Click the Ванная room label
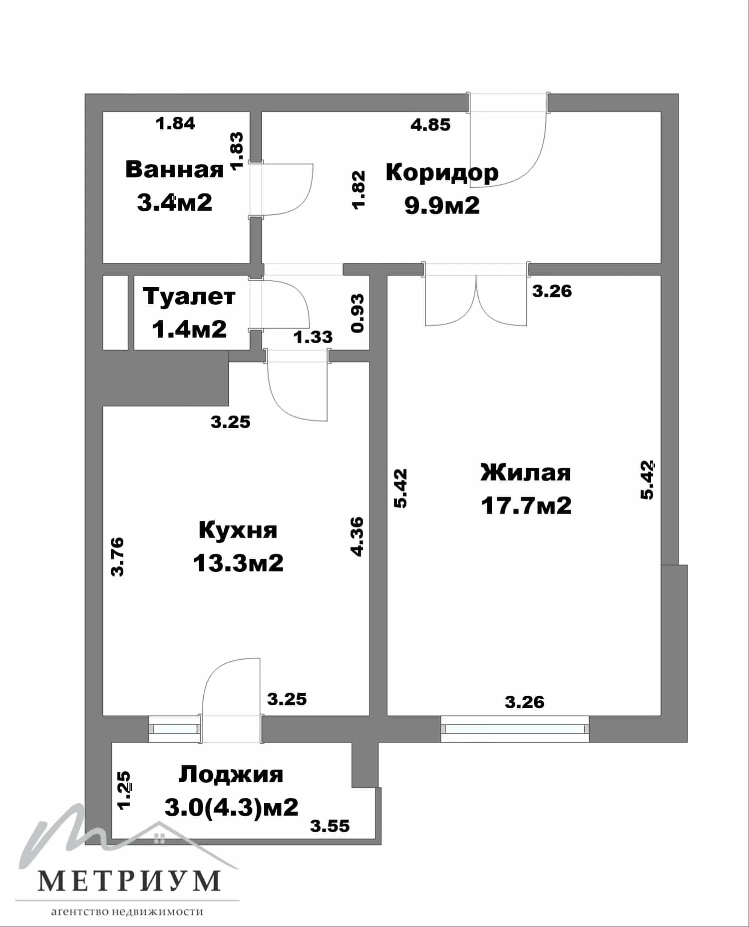(x=174, y=169)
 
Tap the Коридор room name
(x=442, y=173)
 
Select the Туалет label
(x=189, y=296)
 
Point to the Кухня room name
(x=238, y=530)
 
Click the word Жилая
(x=526, y=472)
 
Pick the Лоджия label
(x=231, y=775)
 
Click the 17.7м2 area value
(x=526, y=505)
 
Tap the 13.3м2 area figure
(x=238, y=563)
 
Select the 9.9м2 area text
(x=442, y=205)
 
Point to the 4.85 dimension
(x=430, y=124)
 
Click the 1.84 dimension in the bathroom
(x=175, y=123)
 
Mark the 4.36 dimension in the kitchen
(x=358, y=536)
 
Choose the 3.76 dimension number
(x=117, y=557)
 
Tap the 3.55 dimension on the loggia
(x=330, y=826)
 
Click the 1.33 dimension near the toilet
(x=313, y=337)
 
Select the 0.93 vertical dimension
(x=358, y=313)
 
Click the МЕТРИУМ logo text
(x=129, y=881)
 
